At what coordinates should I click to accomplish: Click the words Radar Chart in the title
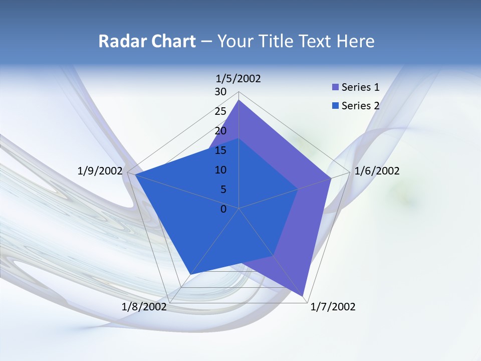click(147, 41)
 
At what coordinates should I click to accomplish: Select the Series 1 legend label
click(360, 87)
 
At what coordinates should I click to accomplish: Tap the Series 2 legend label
click(360, 106)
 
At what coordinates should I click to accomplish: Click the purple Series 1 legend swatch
click(335, 87)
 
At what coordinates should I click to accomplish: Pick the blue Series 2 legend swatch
click(335, 106)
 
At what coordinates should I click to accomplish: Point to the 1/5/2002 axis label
click(238, 78)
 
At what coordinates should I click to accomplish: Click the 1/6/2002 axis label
click(377, 171)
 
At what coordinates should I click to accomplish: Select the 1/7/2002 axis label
click(333, 307)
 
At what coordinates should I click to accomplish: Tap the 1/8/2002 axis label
click(144, 307)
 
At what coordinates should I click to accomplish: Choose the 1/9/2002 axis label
click(100, 171)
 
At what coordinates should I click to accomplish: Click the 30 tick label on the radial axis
click(220, 92)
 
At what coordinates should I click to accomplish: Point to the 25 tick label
click(220, 111)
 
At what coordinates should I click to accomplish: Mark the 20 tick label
click(220, 131)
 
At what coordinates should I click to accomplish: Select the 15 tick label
click(220, 150)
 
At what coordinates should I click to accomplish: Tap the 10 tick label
click(220, 170)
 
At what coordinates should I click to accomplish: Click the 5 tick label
click(223, 190)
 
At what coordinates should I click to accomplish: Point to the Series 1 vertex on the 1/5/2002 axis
click(239, 100)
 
